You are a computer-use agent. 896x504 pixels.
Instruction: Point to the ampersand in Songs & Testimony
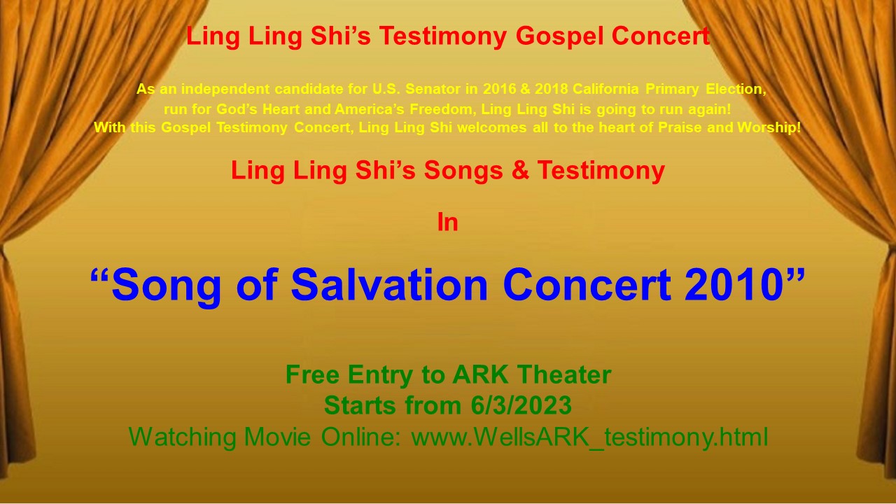(x=520, y=170)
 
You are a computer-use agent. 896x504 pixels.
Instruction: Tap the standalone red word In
(x=447, y=223)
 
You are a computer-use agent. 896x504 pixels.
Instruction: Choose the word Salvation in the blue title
(x=389, y=285)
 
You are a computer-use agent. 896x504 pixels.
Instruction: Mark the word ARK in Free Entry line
(x=480, y=374)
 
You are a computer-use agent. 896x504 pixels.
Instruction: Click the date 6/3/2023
(x=521, y=405)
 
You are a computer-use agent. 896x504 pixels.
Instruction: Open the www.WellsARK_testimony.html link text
(x=589, y=437)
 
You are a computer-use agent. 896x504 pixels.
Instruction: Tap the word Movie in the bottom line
(x=277, y=437)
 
